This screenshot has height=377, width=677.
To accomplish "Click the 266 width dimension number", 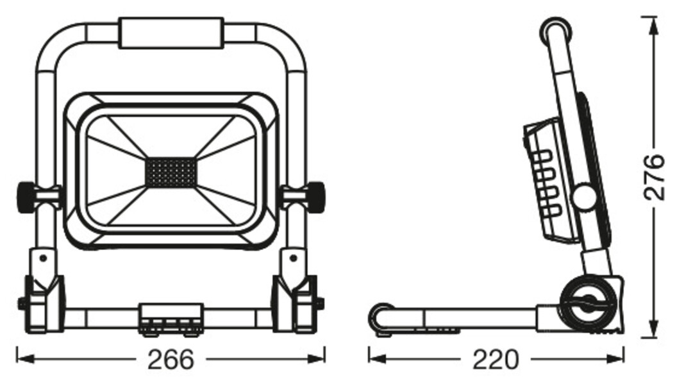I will [170, 359].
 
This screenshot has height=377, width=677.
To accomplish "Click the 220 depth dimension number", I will [496, 359].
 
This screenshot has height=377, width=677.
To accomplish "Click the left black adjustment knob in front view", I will [25, 197].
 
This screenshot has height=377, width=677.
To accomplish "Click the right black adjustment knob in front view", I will [315, 197].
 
